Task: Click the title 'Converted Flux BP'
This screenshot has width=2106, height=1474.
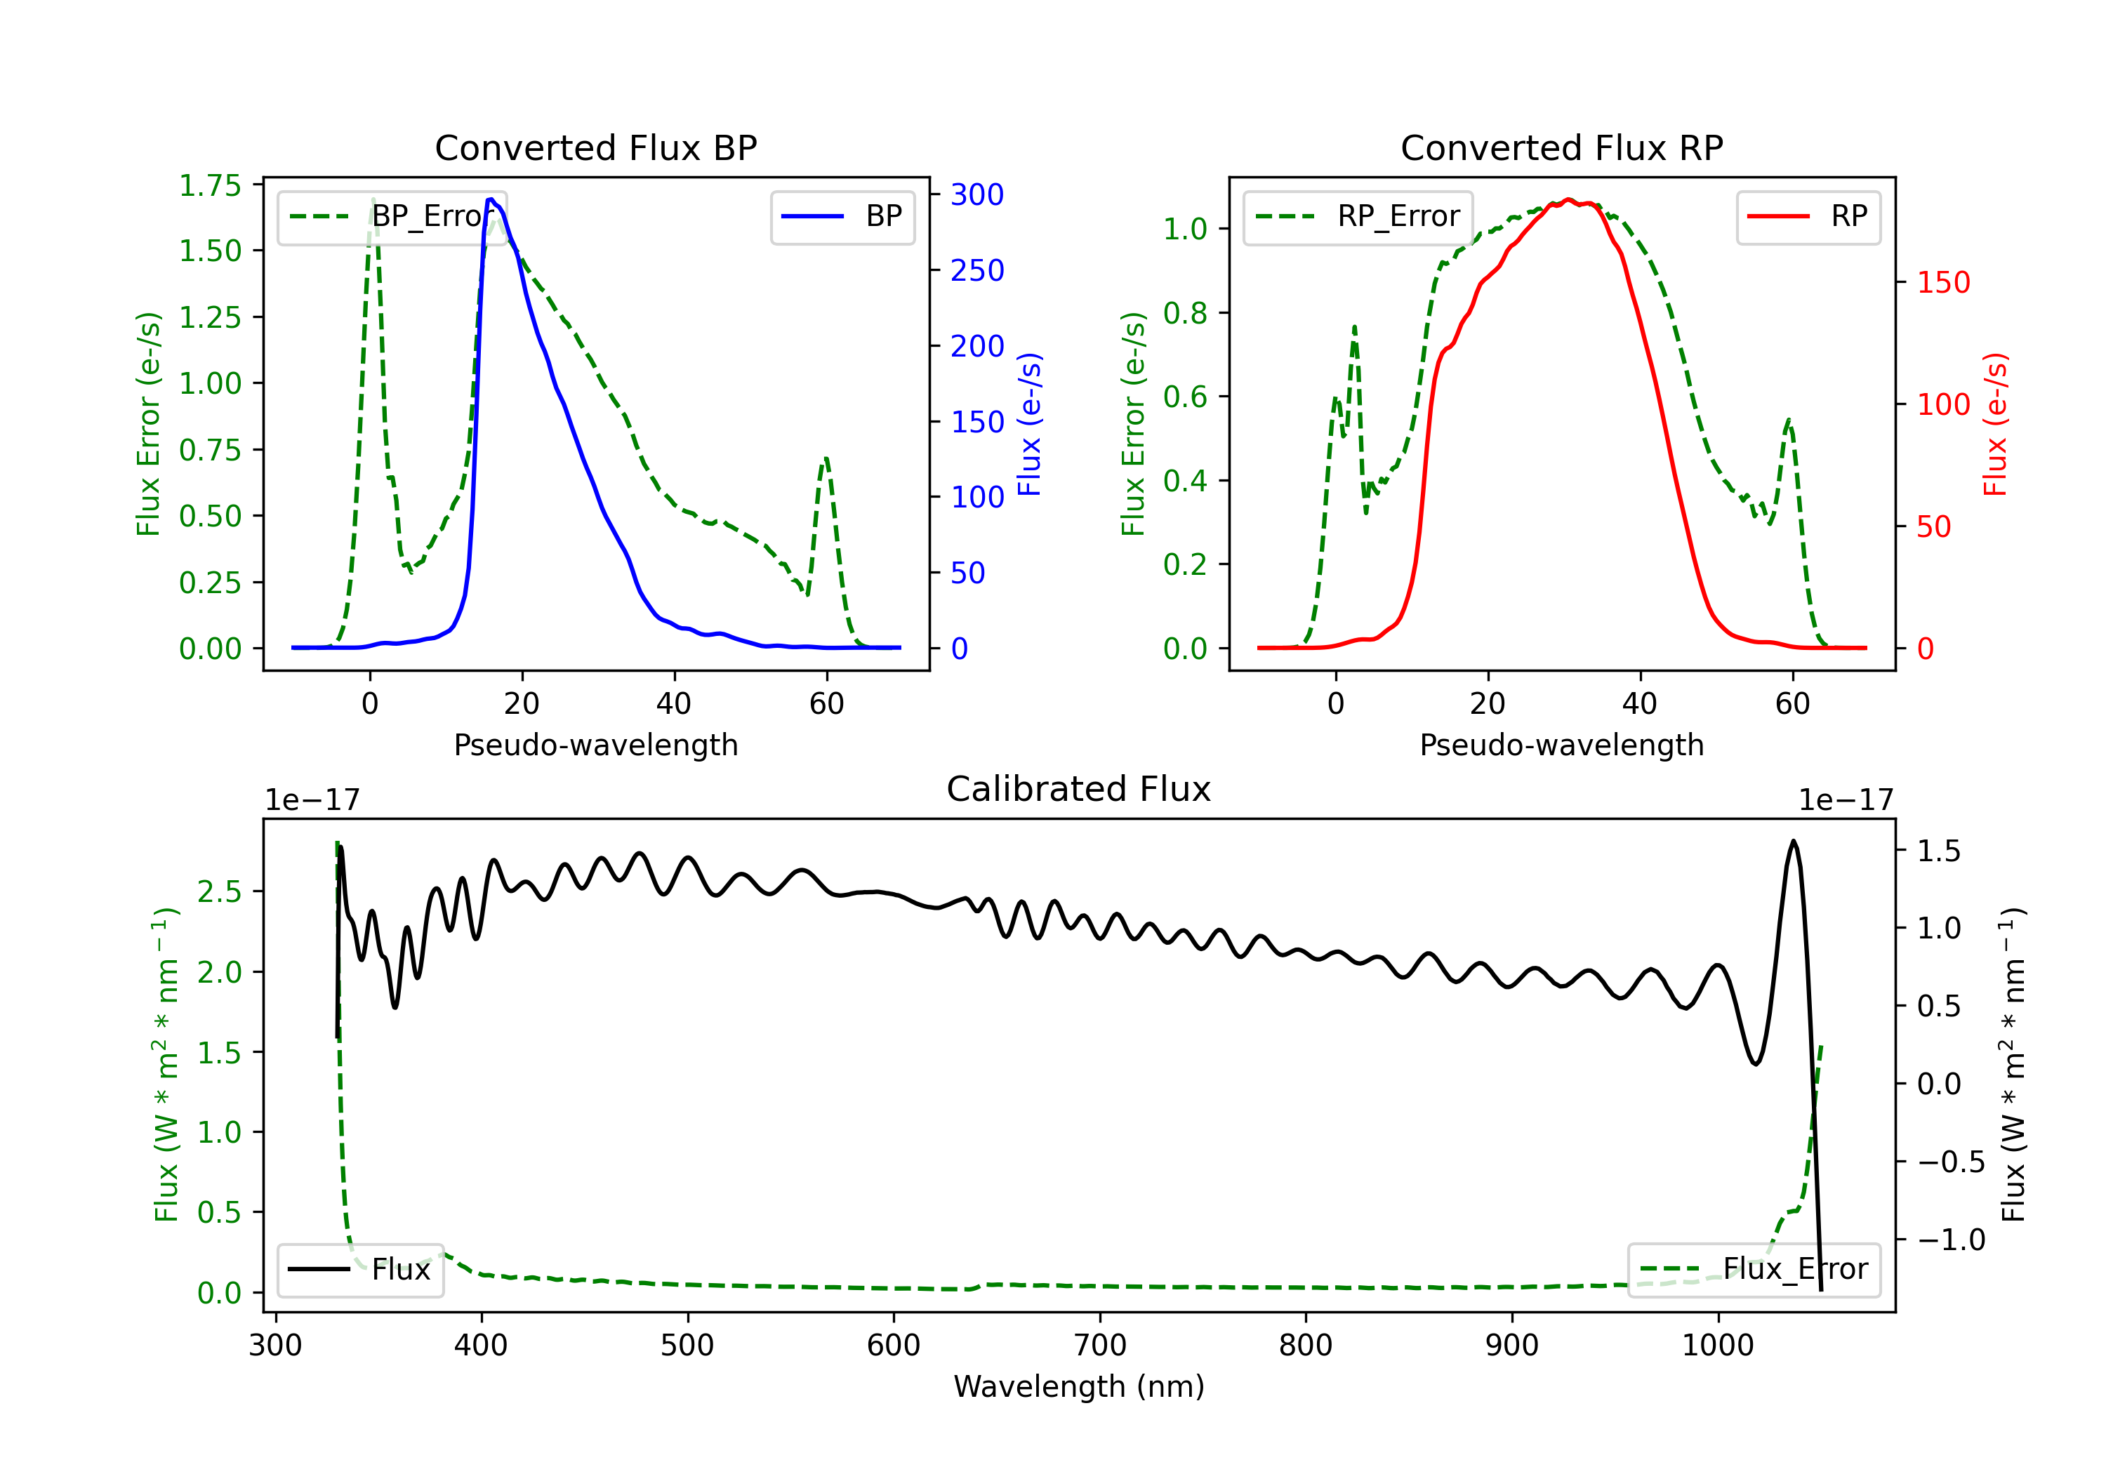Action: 596,147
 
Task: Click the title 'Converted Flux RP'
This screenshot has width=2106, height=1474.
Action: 1562,147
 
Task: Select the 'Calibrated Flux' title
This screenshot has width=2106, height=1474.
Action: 1079,789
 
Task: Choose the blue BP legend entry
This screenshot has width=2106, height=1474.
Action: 842,216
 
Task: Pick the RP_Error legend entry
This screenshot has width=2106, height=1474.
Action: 1358,216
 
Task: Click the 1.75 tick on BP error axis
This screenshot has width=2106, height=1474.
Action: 210,185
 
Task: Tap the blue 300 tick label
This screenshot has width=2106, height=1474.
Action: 978,194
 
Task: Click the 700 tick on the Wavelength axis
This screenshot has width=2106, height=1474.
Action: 1100,1346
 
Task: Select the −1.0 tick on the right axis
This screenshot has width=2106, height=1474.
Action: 1951,1240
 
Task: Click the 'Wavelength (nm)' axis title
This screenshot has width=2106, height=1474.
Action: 1079,1386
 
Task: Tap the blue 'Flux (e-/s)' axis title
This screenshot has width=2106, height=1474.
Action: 1029,425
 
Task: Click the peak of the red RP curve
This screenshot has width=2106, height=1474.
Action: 1568,199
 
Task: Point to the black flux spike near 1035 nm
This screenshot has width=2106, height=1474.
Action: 1793,841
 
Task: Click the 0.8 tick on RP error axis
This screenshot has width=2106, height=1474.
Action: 1185,313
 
